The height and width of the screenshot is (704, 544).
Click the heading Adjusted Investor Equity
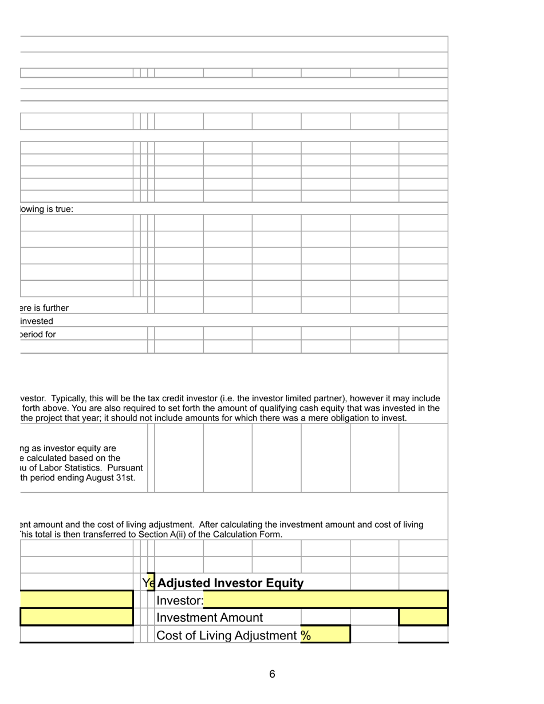(x=230, y=583)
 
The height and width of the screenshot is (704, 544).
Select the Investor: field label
(x=180, y=600)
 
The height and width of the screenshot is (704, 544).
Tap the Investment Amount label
(x=210, y=618)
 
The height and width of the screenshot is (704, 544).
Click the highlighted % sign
(x=306, y=636)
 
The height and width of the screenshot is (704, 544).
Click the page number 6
(x=272, y=674)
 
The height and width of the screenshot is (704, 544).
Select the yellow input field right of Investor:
(x=325, y=600)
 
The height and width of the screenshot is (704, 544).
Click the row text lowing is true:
(x=46, y=209)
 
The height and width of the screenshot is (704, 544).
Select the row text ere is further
(x=44, y=308)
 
